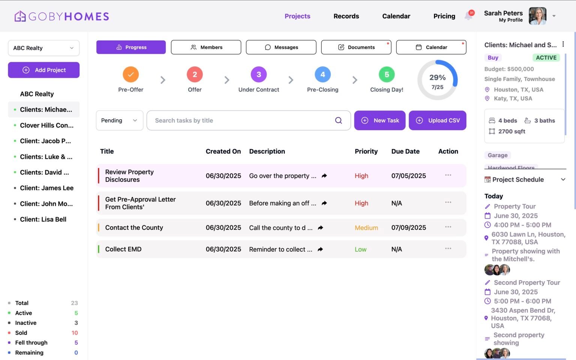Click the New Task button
tap(379, 120)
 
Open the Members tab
tap(206, 47)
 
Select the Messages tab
tap(281, 47)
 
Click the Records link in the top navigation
tap(346, 16)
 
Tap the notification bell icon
tap(468, 16)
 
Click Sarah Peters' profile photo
tap(537, 16)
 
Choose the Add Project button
tap(43, 70)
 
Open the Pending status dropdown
tap(119, 120)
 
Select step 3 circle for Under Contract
tap(259, 75)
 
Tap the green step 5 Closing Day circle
tap(387, 75)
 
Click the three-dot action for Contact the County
tap(448, 227)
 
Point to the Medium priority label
tap(366, 228)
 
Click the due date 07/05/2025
tap(408, 176)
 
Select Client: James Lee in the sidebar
tap(46, 188)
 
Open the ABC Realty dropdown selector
tap(43, 48)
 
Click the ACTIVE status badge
tap(546, 58)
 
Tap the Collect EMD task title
tap(123, 249)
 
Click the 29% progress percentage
tap(437, 78)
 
